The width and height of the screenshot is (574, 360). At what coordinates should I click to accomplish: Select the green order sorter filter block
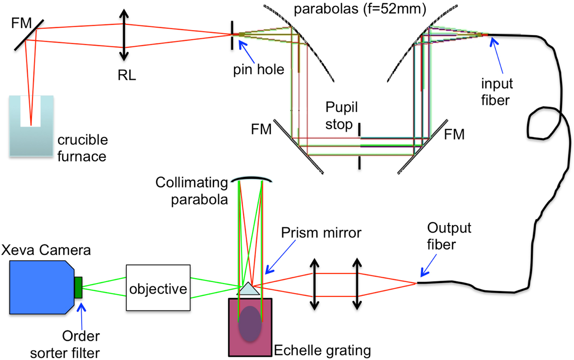click(x=78, y=287)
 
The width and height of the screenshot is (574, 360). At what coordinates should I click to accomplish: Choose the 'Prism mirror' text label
click(x=321, y=233)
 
